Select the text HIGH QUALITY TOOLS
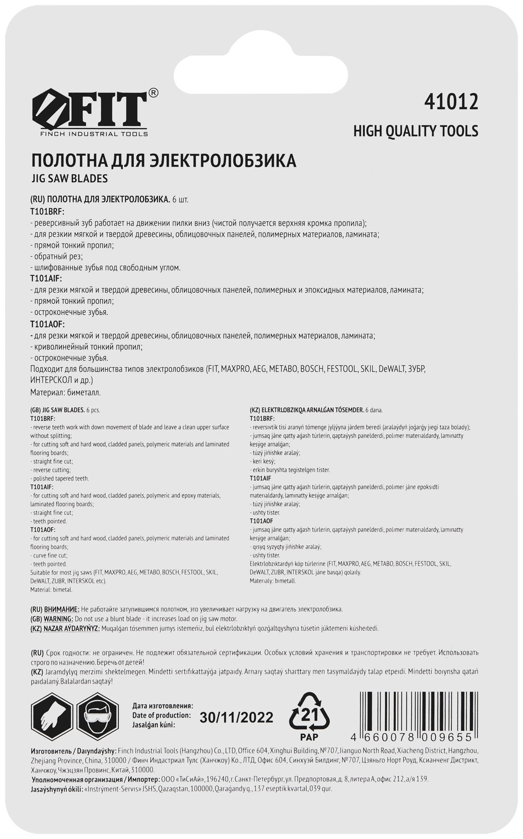point(416,131)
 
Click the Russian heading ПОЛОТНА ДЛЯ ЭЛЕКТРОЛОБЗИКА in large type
point(163,160)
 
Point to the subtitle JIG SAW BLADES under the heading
point(69,179)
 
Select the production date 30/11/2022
point(236,718)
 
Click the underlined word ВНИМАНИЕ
point(62,609)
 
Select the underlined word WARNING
point(58,619)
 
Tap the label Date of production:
point(161,716)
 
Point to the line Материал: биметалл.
point(65,392)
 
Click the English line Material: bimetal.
point(51,589)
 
